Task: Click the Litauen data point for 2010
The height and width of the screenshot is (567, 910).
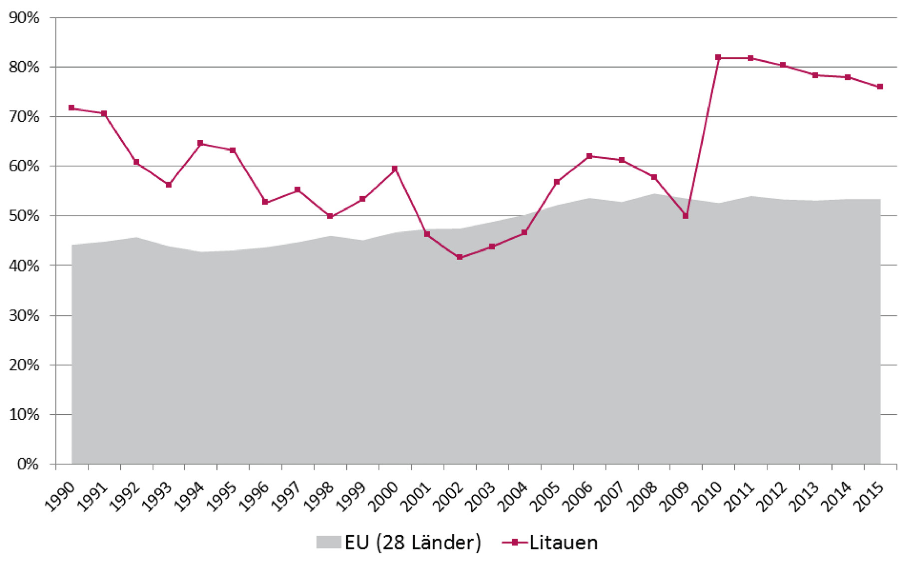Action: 718,57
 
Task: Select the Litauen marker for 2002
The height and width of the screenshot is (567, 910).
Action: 459,257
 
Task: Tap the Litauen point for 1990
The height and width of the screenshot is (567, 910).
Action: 71,108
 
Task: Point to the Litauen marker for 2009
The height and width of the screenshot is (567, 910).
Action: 685,216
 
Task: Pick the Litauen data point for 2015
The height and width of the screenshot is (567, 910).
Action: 880,87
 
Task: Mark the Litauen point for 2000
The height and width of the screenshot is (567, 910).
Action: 395,169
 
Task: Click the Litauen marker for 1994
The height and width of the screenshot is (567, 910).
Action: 201,143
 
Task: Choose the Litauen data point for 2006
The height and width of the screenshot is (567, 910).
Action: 589,156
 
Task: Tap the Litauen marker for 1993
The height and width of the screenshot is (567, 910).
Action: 169,185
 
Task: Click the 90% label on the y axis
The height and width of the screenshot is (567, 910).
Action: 24,18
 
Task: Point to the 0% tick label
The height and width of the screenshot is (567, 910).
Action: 27,464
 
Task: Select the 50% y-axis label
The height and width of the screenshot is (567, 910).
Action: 24,216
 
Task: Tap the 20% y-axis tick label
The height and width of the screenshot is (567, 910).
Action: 24,365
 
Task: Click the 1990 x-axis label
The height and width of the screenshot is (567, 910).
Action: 60,497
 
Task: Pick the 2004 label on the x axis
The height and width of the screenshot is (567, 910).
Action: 513,497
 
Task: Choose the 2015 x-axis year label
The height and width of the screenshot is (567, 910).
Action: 869,497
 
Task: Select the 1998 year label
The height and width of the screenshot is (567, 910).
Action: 319,497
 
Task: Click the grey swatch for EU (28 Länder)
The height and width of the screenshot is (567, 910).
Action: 328,542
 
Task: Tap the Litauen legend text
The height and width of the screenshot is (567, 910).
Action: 563,543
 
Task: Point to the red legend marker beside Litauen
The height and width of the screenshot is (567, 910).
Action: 515,542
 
